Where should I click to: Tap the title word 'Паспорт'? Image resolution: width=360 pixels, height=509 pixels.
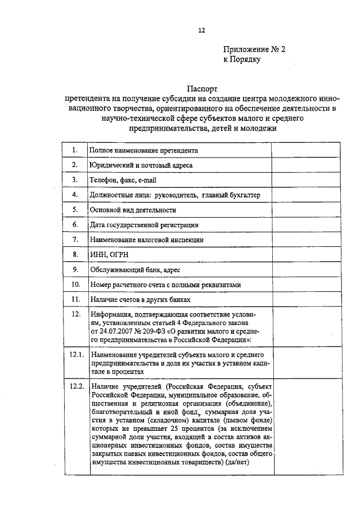click(x=202, y=88)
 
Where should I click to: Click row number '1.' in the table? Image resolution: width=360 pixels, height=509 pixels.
click(x=75, y=150)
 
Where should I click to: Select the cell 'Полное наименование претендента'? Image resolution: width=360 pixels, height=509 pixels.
click(x=143, y=151)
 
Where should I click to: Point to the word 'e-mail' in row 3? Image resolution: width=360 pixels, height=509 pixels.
click(x=145, y=180)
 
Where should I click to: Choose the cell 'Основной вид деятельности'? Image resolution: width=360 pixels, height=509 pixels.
click(x=133, y=210)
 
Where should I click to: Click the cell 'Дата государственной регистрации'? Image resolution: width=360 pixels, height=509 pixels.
click(x=144, y=225)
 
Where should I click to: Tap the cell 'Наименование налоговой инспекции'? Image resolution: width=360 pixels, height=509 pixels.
click(x=146, y=240)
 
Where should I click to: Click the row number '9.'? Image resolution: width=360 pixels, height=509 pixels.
click(x=75, y=269)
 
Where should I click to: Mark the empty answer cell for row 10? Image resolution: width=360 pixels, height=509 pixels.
click(x=306, y=285)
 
